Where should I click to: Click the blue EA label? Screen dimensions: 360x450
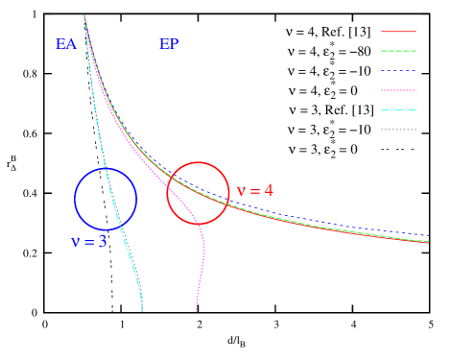[66, 44]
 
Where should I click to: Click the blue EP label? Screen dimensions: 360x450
[169, 44]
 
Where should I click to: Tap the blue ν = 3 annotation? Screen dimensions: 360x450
[89, 242]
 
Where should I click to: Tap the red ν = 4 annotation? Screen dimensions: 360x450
[254, 190]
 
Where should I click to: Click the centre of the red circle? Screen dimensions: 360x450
[199, 193]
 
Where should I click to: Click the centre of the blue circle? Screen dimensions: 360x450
[106, 199]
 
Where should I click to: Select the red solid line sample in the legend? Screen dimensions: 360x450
[398, 32]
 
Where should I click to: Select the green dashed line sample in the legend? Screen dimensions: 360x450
[398, 51]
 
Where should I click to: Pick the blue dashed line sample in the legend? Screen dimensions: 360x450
[398, 71]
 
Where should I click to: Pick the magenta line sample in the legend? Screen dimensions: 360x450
[398, 90]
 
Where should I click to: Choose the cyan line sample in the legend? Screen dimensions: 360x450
[398, 109]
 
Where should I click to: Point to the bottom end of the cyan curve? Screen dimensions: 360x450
[143, 311]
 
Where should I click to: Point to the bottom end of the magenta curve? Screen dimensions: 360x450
[197, 311]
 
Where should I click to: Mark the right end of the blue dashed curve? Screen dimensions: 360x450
[426, 234]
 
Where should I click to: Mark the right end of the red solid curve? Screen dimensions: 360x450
[427, 242]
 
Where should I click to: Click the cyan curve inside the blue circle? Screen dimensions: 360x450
[115, 199]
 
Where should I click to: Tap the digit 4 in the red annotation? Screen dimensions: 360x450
[269, 190]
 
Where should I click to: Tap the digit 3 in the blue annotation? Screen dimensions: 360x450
[103, 242]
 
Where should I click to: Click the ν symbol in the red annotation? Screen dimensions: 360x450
[241, 191]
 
